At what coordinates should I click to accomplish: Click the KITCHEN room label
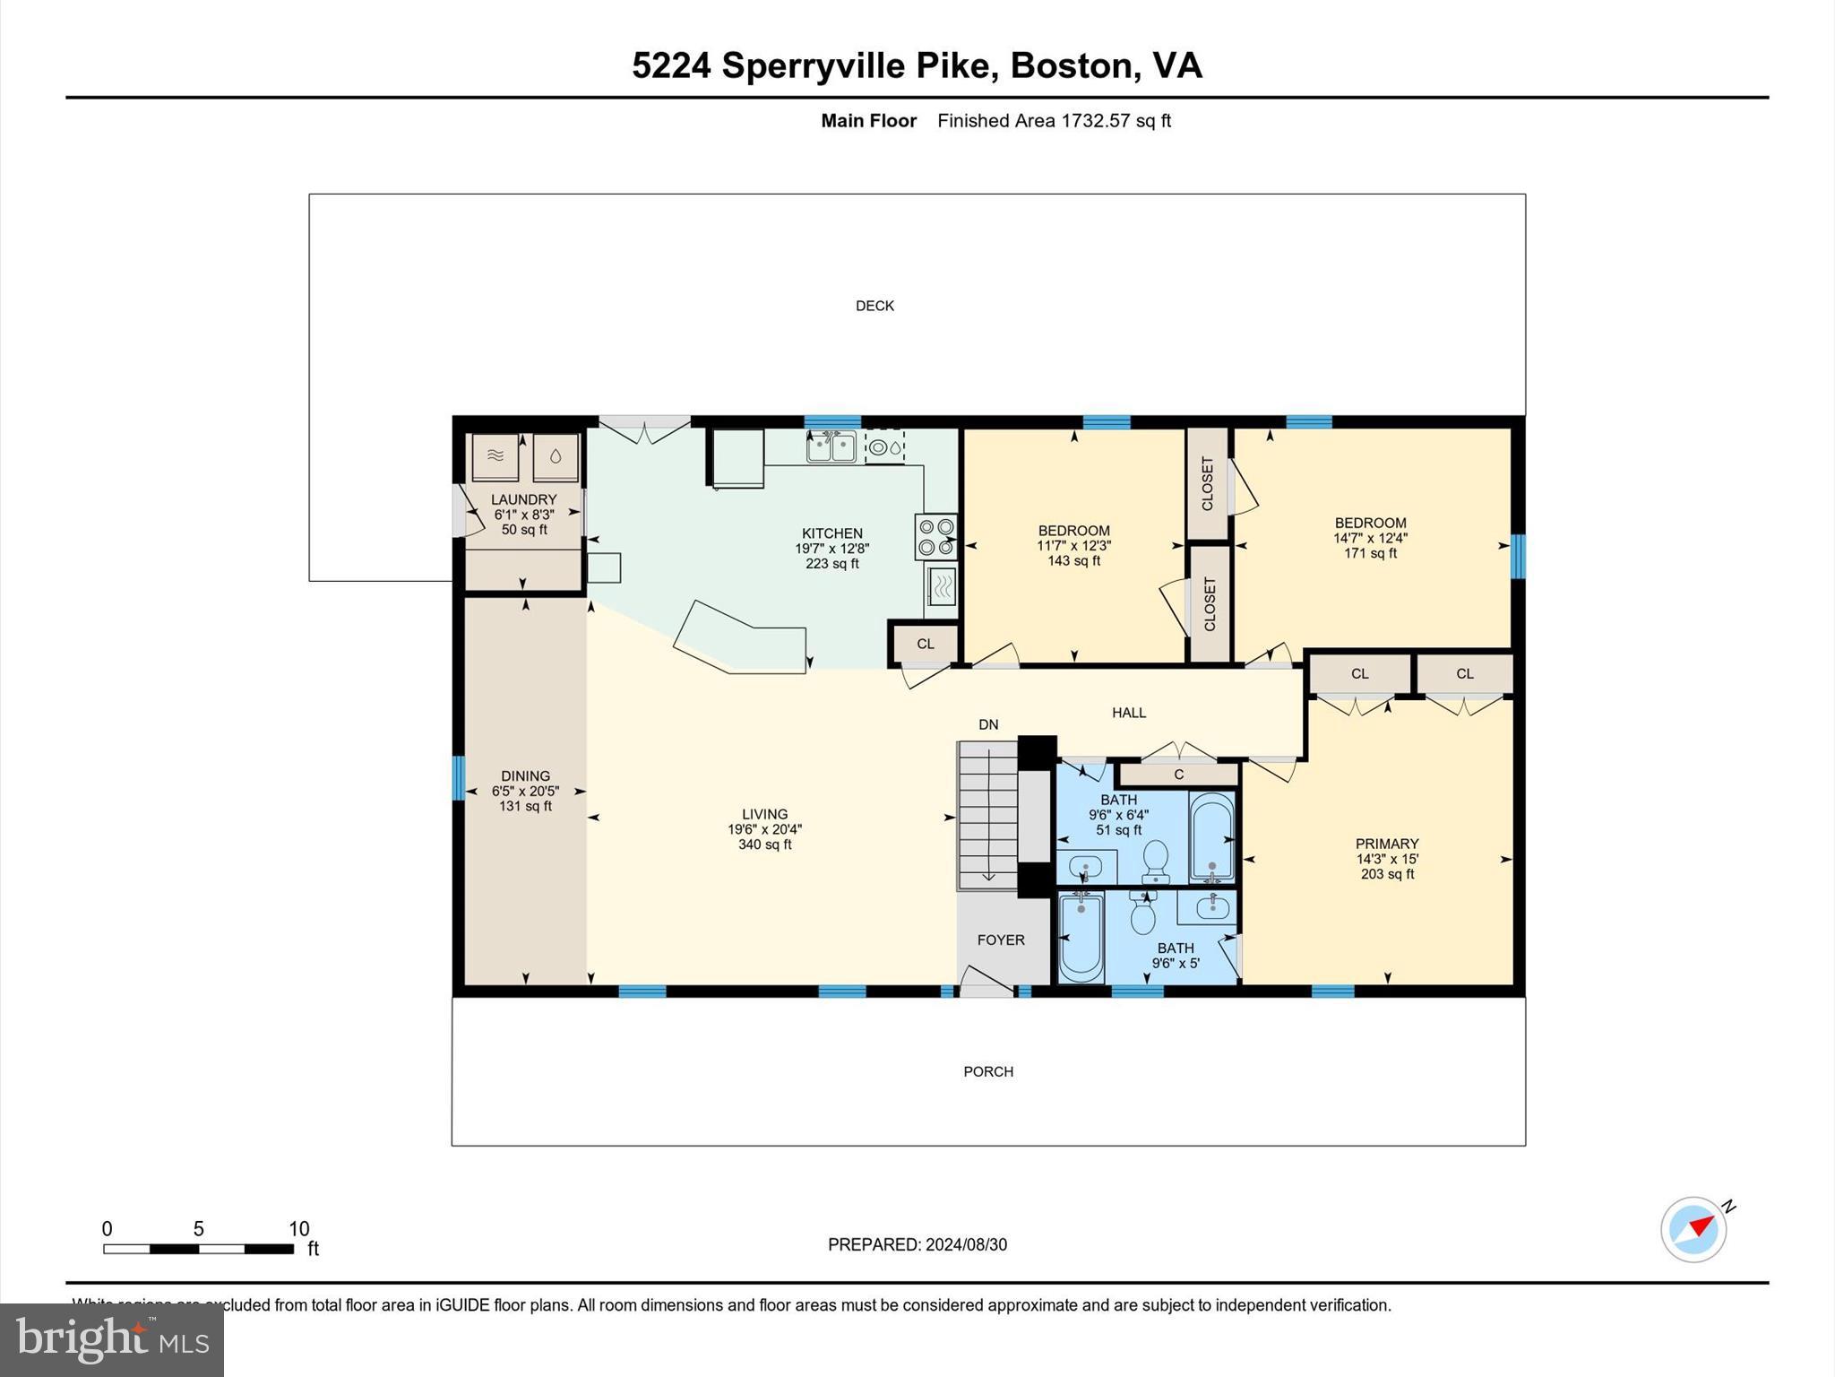pyautogui.click(x=831, y=533)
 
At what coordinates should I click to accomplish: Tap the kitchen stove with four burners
pyautogui.click(x=936, y=536)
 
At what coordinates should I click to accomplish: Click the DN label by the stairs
pyautogui.click(x=987, y=724)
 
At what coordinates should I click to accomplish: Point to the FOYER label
pyautogui.click(x=1000, y=940)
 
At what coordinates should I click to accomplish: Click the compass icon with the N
pyautogui.click(x=1693, y=1229)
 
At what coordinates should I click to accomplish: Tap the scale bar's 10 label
pyautogui.click(x=298, y=1229)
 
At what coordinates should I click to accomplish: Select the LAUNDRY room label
pyautogui.click(x=523, y=499)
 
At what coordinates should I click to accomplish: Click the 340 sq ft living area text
pyautogui.click(x=764, y=844)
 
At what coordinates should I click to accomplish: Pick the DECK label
pyautogui.click(x=874, y=306)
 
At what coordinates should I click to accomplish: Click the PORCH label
pyautogui.click(x=988, y=1071)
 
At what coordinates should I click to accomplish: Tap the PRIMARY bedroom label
pyautogui.click(x=1386, y=844)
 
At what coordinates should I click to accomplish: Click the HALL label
pyautogui.click(x=1128, y=713)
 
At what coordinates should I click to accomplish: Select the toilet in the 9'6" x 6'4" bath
pyautogui.click(x=1156, y=861)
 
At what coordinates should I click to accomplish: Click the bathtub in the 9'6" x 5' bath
pyautogui.click(x=1081, y=937)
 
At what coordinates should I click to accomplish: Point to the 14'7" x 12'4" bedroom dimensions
pyautogui.click(x=1370, y=538)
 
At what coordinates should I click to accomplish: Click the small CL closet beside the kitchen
pyautogui.click(x=925, y=644)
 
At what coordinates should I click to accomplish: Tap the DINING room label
pyautogui.click(x=525, y=776)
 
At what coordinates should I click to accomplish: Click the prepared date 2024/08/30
pyautogui.click(x=966, y=1244)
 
